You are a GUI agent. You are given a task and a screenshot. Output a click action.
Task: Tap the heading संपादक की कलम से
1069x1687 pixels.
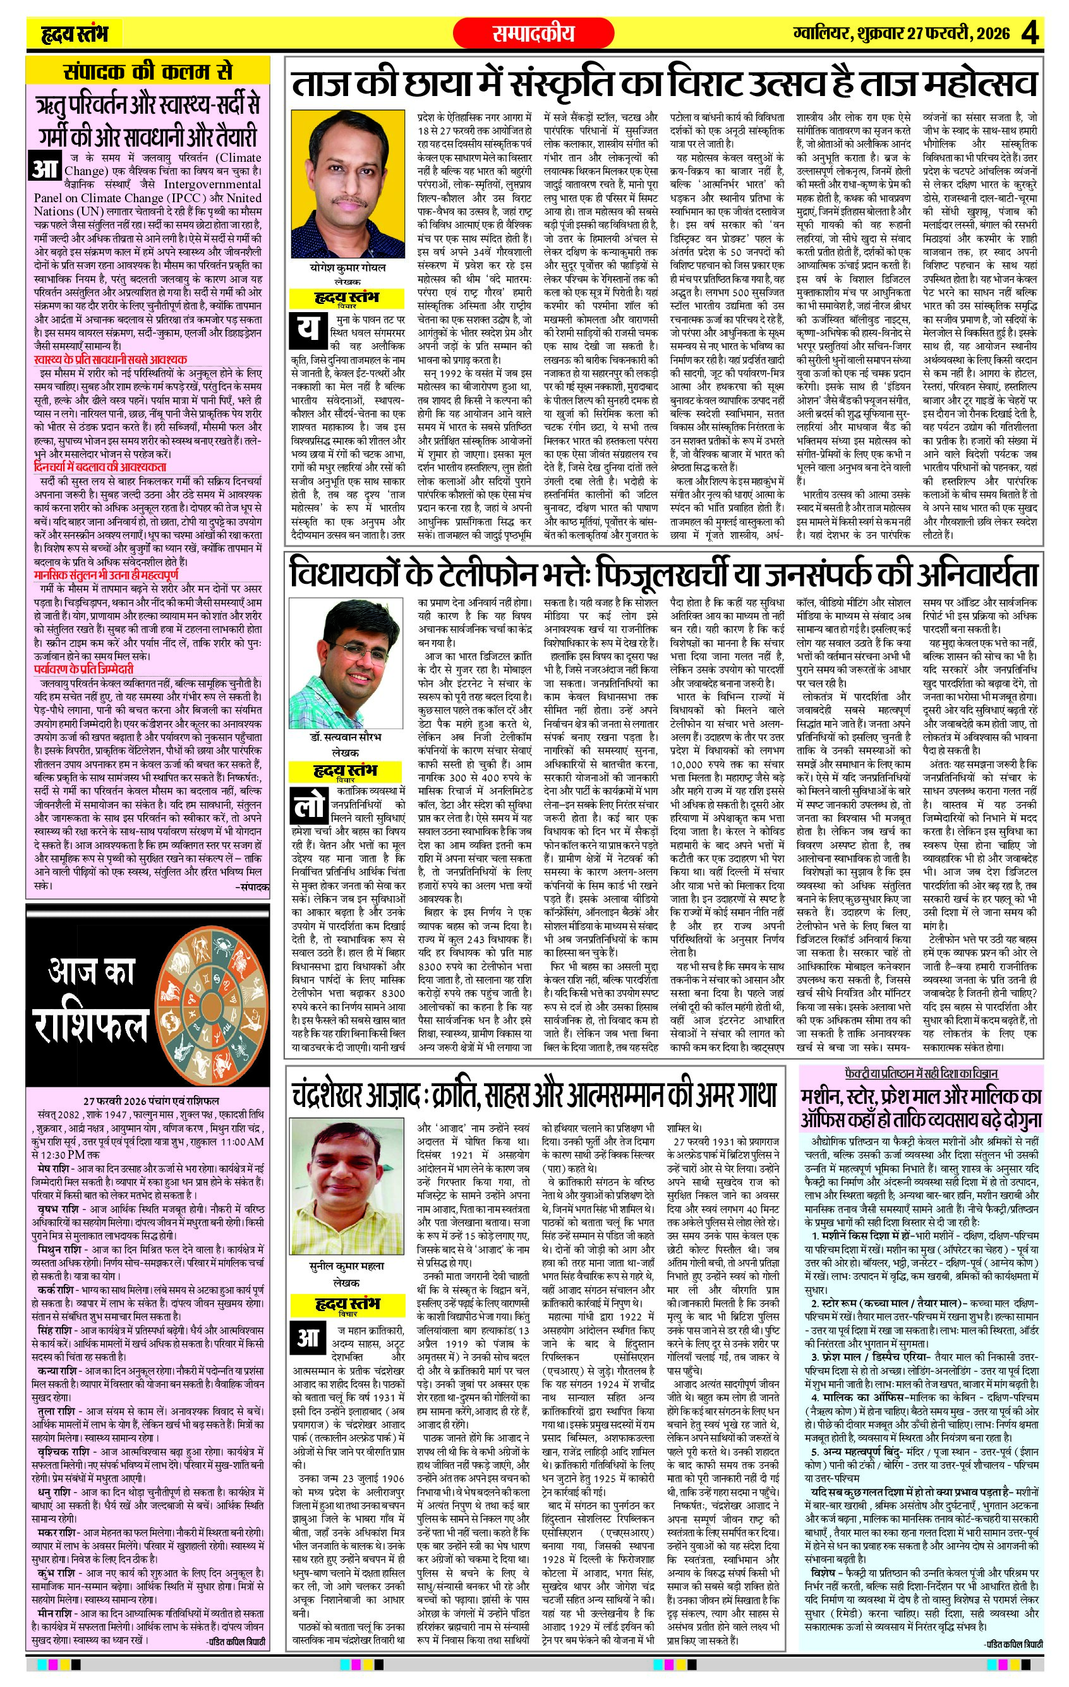click(x=148, y=73)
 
